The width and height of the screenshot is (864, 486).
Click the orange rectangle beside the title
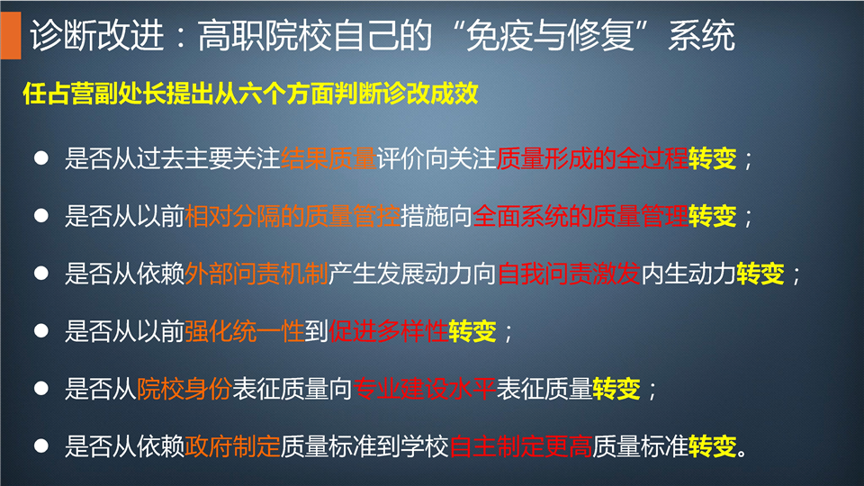pyautogui.click(x=11, y=35)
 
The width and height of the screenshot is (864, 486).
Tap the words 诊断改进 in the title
pyautogui.click(x=97, y=36)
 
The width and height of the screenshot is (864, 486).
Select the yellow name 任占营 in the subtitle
pyautogui.click(x=59, y=93)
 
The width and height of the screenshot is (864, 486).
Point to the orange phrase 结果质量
pyautogui.click(x=329, y=158)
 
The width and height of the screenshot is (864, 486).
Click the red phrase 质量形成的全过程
pyautogui.click(x=592, y=158)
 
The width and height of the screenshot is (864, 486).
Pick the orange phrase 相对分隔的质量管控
pyautogui.click(x=292, y=216)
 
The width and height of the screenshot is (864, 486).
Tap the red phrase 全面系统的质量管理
pyautogui.click(x=580, y=216)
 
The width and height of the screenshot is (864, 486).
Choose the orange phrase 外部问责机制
pyautogui.click(x=256, y=274)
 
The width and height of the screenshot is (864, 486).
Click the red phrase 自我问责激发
pyautogui.click(x=569, y=274)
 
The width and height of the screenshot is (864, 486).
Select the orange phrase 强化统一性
pyautogui.click(x=245, y=331)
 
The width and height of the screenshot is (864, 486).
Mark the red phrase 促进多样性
pyautogui.click(x=389, y=331)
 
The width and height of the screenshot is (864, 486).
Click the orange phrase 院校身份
pyautogui.click(x=184, y=389)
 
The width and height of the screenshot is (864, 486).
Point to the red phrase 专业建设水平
pyautogui.click(x=424, y=389)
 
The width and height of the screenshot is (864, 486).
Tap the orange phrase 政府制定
pyautogui.click(x=232, y=445)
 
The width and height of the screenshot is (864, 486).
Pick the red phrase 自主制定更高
pyautogui.click(x=521, y=445)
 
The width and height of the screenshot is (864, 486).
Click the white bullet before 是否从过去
pyautogui.click(x=41, y=158)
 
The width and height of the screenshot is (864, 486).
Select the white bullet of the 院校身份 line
pyautogui.click(x=41, y=388)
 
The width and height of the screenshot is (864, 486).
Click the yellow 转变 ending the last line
pyautogui.click(x=713, y=445)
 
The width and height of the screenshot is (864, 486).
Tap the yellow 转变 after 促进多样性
pyautogui.click(x=472, y=331)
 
